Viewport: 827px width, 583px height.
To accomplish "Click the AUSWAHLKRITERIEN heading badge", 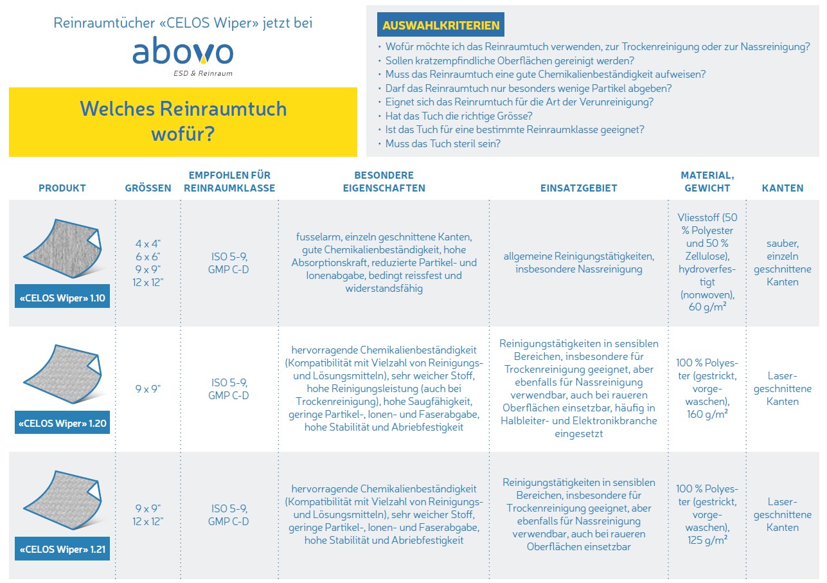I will click(441, 25).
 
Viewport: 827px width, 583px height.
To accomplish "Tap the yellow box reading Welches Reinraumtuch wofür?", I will click(182, 122).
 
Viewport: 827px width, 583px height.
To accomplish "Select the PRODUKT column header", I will click(62, 188).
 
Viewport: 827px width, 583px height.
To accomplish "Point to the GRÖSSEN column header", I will click(148, 188).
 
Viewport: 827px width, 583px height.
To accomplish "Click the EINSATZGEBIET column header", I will click(578, 188).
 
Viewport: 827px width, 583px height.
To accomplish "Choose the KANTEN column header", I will click(783, 188).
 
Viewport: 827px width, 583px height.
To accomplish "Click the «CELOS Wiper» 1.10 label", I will click(62, 298).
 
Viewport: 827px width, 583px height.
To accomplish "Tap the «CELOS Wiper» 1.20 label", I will click(62, 424).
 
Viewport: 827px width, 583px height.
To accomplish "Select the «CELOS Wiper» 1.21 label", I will click(62, 550).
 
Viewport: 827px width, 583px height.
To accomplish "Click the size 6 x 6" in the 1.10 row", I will click(148, 256).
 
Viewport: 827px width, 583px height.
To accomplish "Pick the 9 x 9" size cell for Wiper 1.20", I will click(148, 389).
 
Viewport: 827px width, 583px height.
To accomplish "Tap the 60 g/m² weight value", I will click(707, 307).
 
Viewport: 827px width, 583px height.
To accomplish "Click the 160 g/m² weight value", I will click(707, 414).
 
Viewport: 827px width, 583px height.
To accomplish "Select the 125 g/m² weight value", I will click(707, 540).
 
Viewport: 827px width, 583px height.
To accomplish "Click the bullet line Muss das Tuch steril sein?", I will click(443, 143).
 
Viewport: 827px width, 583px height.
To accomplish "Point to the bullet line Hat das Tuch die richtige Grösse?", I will click(459, 116).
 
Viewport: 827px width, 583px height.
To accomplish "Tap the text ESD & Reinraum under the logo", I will click(202, 73).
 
